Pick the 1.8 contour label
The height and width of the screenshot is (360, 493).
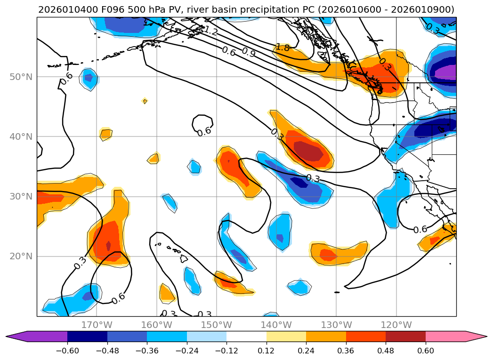pos(283,47)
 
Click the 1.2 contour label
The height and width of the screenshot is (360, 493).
pos(210,32)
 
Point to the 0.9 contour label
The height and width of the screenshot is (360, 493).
pos(249,52)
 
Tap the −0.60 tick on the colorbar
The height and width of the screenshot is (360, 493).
pos(67,350)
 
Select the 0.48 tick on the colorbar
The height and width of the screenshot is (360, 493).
pos(386,350)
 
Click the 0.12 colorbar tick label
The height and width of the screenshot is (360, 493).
pos(267,350)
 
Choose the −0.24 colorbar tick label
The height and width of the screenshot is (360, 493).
pos(187,350)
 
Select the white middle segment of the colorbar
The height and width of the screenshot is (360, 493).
pos(246,336)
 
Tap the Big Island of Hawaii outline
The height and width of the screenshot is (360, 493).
pos(184,258)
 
